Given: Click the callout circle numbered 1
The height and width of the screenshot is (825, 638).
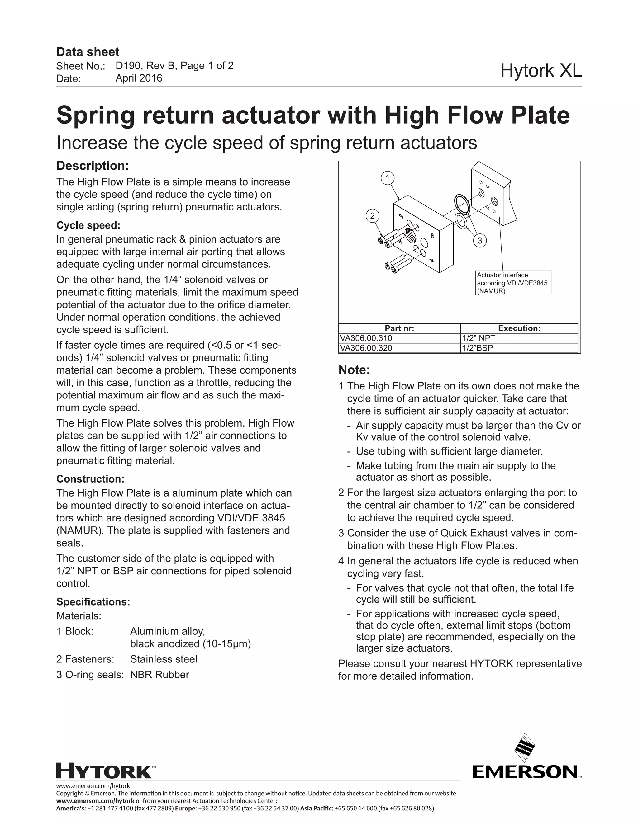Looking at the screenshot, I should (388, 178).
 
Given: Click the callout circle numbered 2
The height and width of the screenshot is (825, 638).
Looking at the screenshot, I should (372, 216).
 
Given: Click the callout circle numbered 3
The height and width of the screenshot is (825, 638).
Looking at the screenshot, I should (480, 241).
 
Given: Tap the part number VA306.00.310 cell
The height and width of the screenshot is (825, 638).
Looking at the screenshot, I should (399, 338).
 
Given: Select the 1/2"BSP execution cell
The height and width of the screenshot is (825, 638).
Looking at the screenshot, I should (519, 348).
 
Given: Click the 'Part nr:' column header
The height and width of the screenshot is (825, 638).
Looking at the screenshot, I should (399, 328).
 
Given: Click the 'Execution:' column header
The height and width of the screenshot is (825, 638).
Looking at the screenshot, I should (519, 328).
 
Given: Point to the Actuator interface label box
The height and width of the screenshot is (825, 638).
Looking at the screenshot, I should (513, 283).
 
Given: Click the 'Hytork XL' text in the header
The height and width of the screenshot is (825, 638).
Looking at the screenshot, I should (541, 71).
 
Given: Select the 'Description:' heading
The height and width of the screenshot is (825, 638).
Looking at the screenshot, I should (93, 166).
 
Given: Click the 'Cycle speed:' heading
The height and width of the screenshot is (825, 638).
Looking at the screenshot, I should (88, 225).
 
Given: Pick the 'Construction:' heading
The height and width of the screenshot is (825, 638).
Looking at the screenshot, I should (90, 479).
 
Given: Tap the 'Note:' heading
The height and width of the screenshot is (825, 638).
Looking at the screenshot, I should (354, 370).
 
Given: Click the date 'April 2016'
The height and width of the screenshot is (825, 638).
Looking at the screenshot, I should (139, 78).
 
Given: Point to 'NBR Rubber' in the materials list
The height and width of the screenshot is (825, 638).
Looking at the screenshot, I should (159, 675).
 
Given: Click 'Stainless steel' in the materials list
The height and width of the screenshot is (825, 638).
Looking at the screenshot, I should (163, 659).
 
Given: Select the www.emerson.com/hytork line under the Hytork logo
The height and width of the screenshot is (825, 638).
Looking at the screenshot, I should (93, 786).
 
